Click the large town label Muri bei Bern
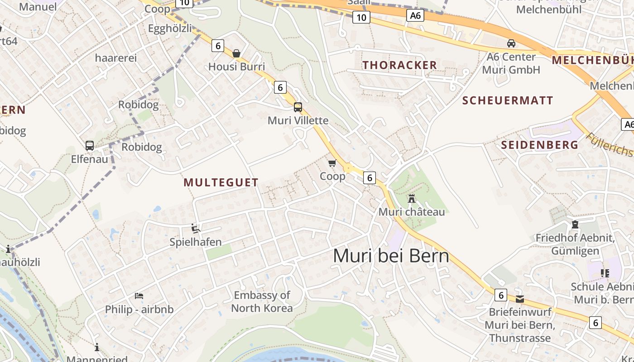(391, 256)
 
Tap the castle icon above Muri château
(411, 199)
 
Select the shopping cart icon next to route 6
(332, 163)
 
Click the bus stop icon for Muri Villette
(298, 107)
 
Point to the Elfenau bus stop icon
(90, 146)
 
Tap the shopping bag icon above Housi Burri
(236, 53)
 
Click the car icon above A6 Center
(511, 43)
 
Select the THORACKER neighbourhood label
(399, 65)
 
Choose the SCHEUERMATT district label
(508, 100)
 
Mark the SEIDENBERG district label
(539, 145)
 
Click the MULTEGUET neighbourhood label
(221, 182)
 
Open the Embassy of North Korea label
(262, 302)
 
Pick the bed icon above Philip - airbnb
(139, 296)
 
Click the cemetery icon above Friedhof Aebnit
(575, 224)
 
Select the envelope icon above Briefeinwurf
(520, 299)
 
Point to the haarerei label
(115, 58)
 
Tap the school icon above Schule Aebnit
(605, 273)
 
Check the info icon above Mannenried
(96, 347)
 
